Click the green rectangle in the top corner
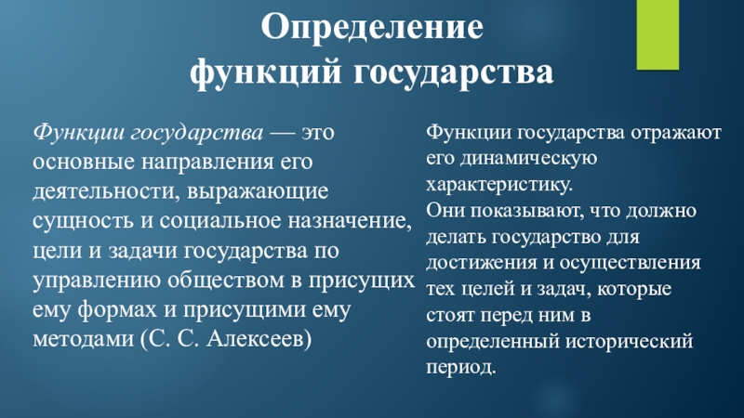click(x=658, y=34)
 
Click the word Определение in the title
click(x=372, y=28)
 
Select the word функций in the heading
click(x=266, y=72)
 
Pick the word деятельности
click(x=106, y=191)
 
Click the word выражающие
click(x=258, y=191)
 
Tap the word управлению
click(x=97, y=281)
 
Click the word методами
click(x=83, y=339)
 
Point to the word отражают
click(x=676, y=133)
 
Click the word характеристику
click(x=499, y=185)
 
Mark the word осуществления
click(x=631, y=263)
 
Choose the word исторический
click(x=630, y=342)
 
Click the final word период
click(x=460, y=368)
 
